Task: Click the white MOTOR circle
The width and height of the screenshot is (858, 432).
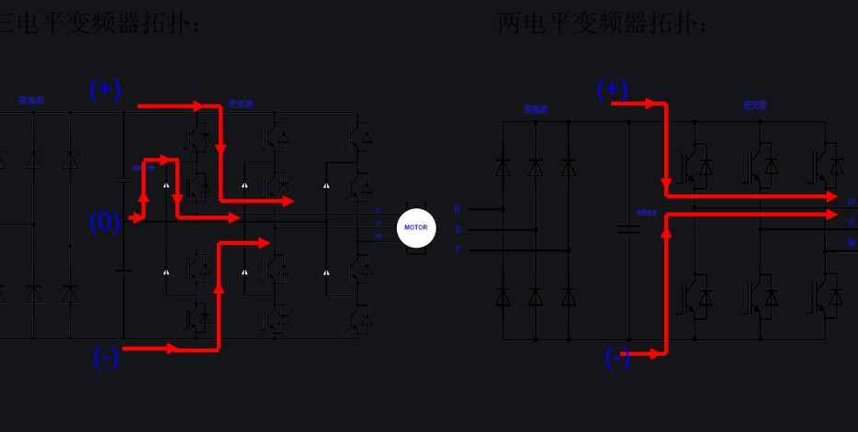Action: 416,227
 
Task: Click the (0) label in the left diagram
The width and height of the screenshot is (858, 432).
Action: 105,222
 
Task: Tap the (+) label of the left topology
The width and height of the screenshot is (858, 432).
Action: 105,89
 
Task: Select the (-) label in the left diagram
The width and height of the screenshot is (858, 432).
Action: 106,358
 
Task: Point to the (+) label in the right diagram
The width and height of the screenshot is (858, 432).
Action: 612,89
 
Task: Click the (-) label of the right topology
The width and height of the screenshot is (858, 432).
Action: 617,358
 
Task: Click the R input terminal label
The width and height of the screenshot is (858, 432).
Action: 457,209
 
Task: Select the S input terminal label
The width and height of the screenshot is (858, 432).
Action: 457,229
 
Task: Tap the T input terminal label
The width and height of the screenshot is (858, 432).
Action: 457,249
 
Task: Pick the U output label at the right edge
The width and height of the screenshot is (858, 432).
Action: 851,202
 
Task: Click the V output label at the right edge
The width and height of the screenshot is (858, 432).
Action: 851,222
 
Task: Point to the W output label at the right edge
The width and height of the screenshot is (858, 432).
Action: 851,243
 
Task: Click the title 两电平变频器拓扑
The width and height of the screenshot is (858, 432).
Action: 603,22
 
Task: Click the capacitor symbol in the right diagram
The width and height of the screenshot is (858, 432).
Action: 628,228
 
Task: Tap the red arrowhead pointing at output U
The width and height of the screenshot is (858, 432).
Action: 832,196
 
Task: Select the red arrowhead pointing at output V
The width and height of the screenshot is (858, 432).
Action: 832,215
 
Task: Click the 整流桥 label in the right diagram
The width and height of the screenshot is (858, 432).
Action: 536,109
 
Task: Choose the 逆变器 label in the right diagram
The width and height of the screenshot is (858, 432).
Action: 755,105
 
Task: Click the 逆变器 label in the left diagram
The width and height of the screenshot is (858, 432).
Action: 240,105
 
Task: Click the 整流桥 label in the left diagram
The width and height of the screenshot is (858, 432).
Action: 31,100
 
